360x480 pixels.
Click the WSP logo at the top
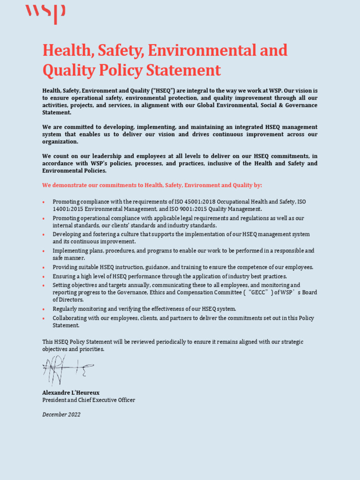(45, 14)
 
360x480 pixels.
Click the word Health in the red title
(62, 51)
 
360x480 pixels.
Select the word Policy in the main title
(120, 70)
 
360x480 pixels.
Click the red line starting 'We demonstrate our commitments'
(152, 185)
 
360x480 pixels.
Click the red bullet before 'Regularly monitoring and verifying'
(44, 309)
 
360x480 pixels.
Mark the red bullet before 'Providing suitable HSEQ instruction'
(44, 268)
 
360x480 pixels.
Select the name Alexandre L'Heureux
(71, 393)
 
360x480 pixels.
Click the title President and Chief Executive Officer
(89, 400)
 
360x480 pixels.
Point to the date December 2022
(61, 414)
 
